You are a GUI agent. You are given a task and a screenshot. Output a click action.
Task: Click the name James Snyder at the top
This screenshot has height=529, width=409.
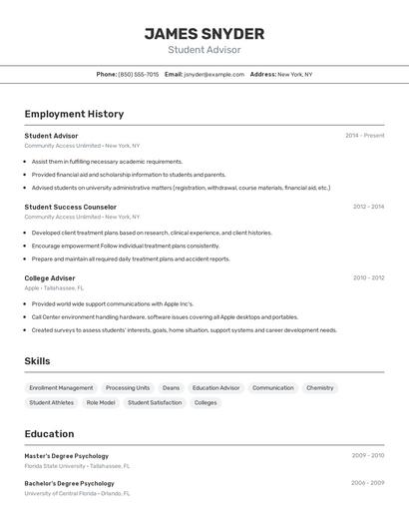tap(204, 34)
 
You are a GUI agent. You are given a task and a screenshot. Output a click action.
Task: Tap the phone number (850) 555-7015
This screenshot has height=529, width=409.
tap(138, 74)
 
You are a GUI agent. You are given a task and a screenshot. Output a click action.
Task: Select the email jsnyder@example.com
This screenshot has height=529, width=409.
tap(214, 74)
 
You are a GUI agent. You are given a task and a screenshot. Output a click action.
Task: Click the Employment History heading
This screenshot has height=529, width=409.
tap(74, 114)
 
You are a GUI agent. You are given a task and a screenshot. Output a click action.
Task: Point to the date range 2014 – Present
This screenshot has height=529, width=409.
tap(364, 135)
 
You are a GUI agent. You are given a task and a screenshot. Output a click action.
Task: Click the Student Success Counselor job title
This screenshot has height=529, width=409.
tap(71, 207)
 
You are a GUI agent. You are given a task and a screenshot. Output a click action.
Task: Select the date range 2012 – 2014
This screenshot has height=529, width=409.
tap(368, 207)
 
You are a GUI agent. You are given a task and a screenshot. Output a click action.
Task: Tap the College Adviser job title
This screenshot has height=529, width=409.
tap(50, 277)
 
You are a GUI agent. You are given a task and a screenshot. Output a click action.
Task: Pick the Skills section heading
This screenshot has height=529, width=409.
tap(37, 361)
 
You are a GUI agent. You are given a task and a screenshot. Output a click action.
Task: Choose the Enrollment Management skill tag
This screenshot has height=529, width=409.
tap(61, 387)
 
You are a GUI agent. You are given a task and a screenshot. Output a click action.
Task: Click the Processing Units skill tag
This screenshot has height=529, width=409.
tap(128, 387)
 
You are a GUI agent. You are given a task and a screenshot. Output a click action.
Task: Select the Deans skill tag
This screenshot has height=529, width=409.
tap(171, 387)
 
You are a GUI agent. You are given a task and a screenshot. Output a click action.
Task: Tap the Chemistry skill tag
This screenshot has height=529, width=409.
tap(319, 387)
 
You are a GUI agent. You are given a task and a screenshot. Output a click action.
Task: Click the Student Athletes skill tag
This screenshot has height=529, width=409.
tap(51, 402)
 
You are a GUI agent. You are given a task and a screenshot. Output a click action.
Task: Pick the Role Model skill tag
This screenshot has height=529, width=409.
tap(101, 402)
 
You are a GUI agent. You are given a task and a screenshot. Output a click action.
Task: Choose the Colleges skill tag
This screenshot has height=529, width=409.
tap(205, 402)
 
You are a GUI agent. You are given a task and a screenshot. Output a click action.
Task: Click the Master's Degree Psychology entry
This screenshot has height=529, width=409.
tap(67, 455)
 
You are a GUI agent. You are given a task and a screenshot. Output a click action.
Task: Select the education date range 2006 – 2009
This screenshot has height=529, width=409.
tap(367, 483)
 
